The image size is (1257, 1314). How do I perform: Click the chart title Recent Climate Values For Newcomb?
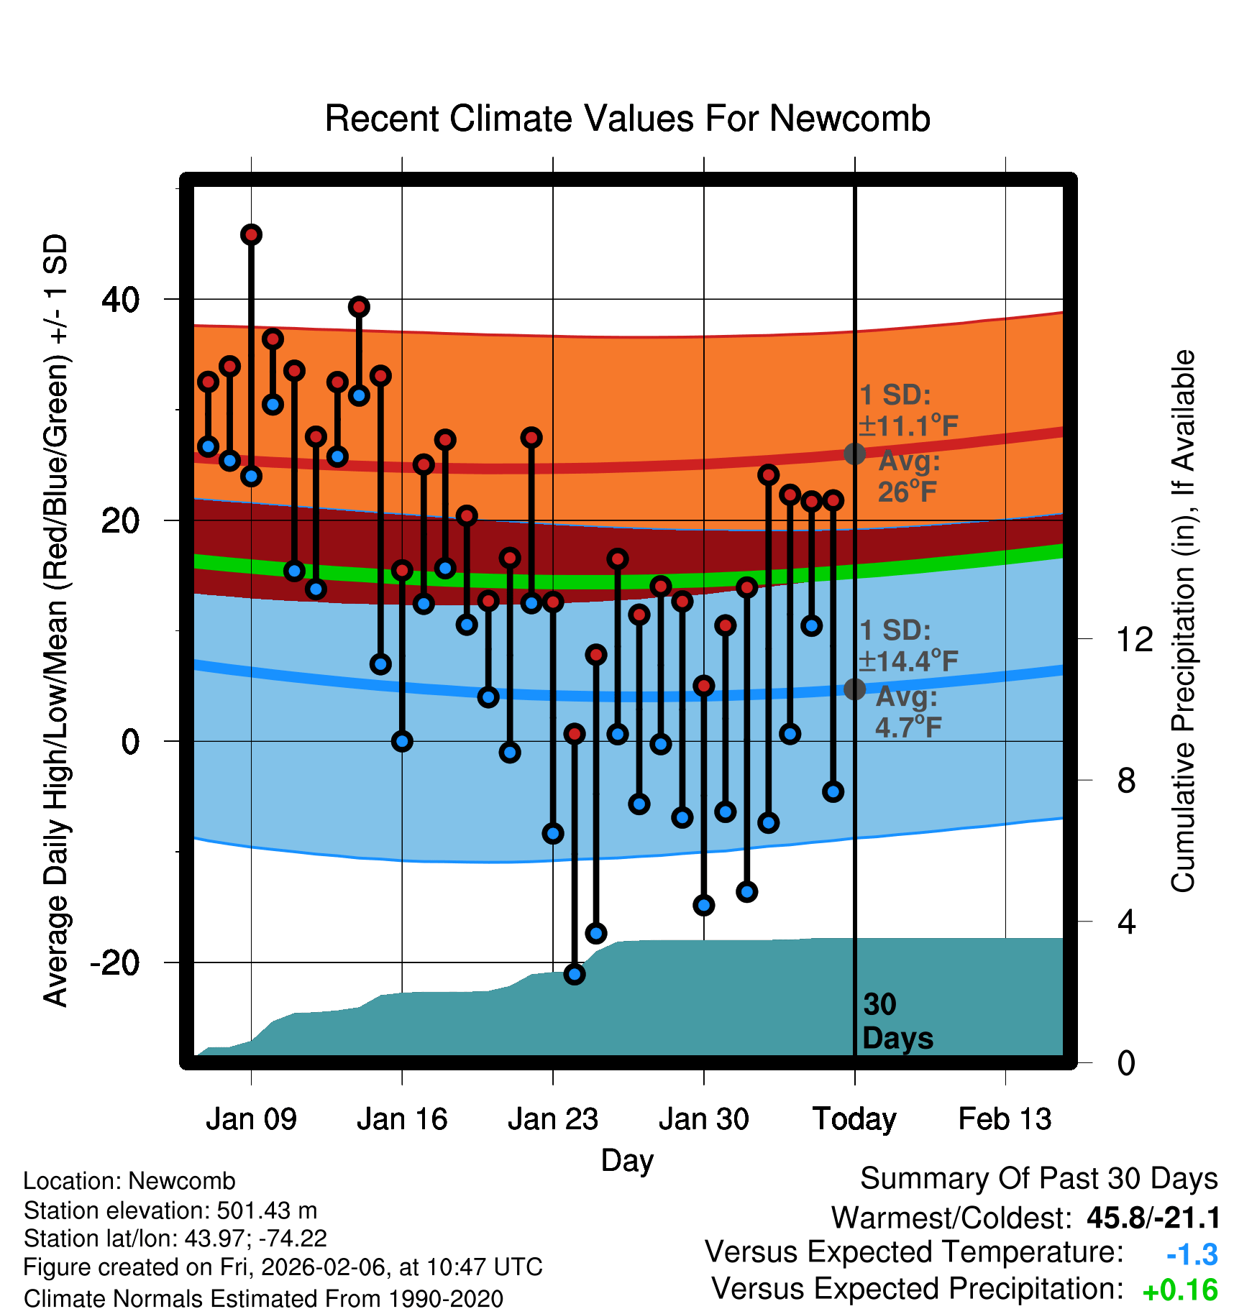[x=627, y=119]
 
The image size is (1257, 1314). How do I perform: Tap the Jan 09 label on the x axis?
[x=251, y=1119]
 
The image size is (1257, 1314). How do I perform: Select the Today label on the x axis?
[x=854, y=1119]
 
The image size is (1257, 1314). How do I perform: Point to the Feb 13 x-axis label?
[x=1005, y=1119]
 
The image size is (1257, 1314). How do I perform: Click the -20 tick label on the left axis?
[x=115, y=962]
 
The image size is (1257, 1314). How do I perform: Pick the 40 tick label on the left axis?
[x=121, y=299]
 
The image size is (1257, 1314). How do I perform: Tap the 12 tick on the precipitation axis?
[x=1134, y=639]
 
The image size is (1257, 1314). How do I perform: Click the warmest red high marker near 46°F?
[x=251, y=234]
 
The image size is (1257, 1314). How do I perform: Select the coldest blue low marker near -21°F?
[x=575, y=974]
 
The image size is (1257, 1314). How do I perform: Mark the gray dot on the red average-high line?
[x=854, y=454]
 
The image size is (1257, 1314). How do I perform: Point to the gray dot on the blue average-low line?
[x=854, y=689]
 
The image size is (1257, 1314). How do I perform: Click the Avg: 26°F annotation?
[x=908, y=476]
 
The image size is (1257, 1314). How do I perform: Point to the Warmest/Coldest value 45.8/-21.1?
[x=1153, y=1218]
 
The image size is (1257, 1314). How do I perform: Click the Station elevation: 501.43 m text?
[x=170, y=1210]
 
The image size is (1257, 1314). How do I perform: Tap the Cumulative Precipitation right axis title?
[x=1183, y=622]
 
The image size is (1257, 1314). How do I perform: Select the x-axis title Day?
[x=627, y=1160]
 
